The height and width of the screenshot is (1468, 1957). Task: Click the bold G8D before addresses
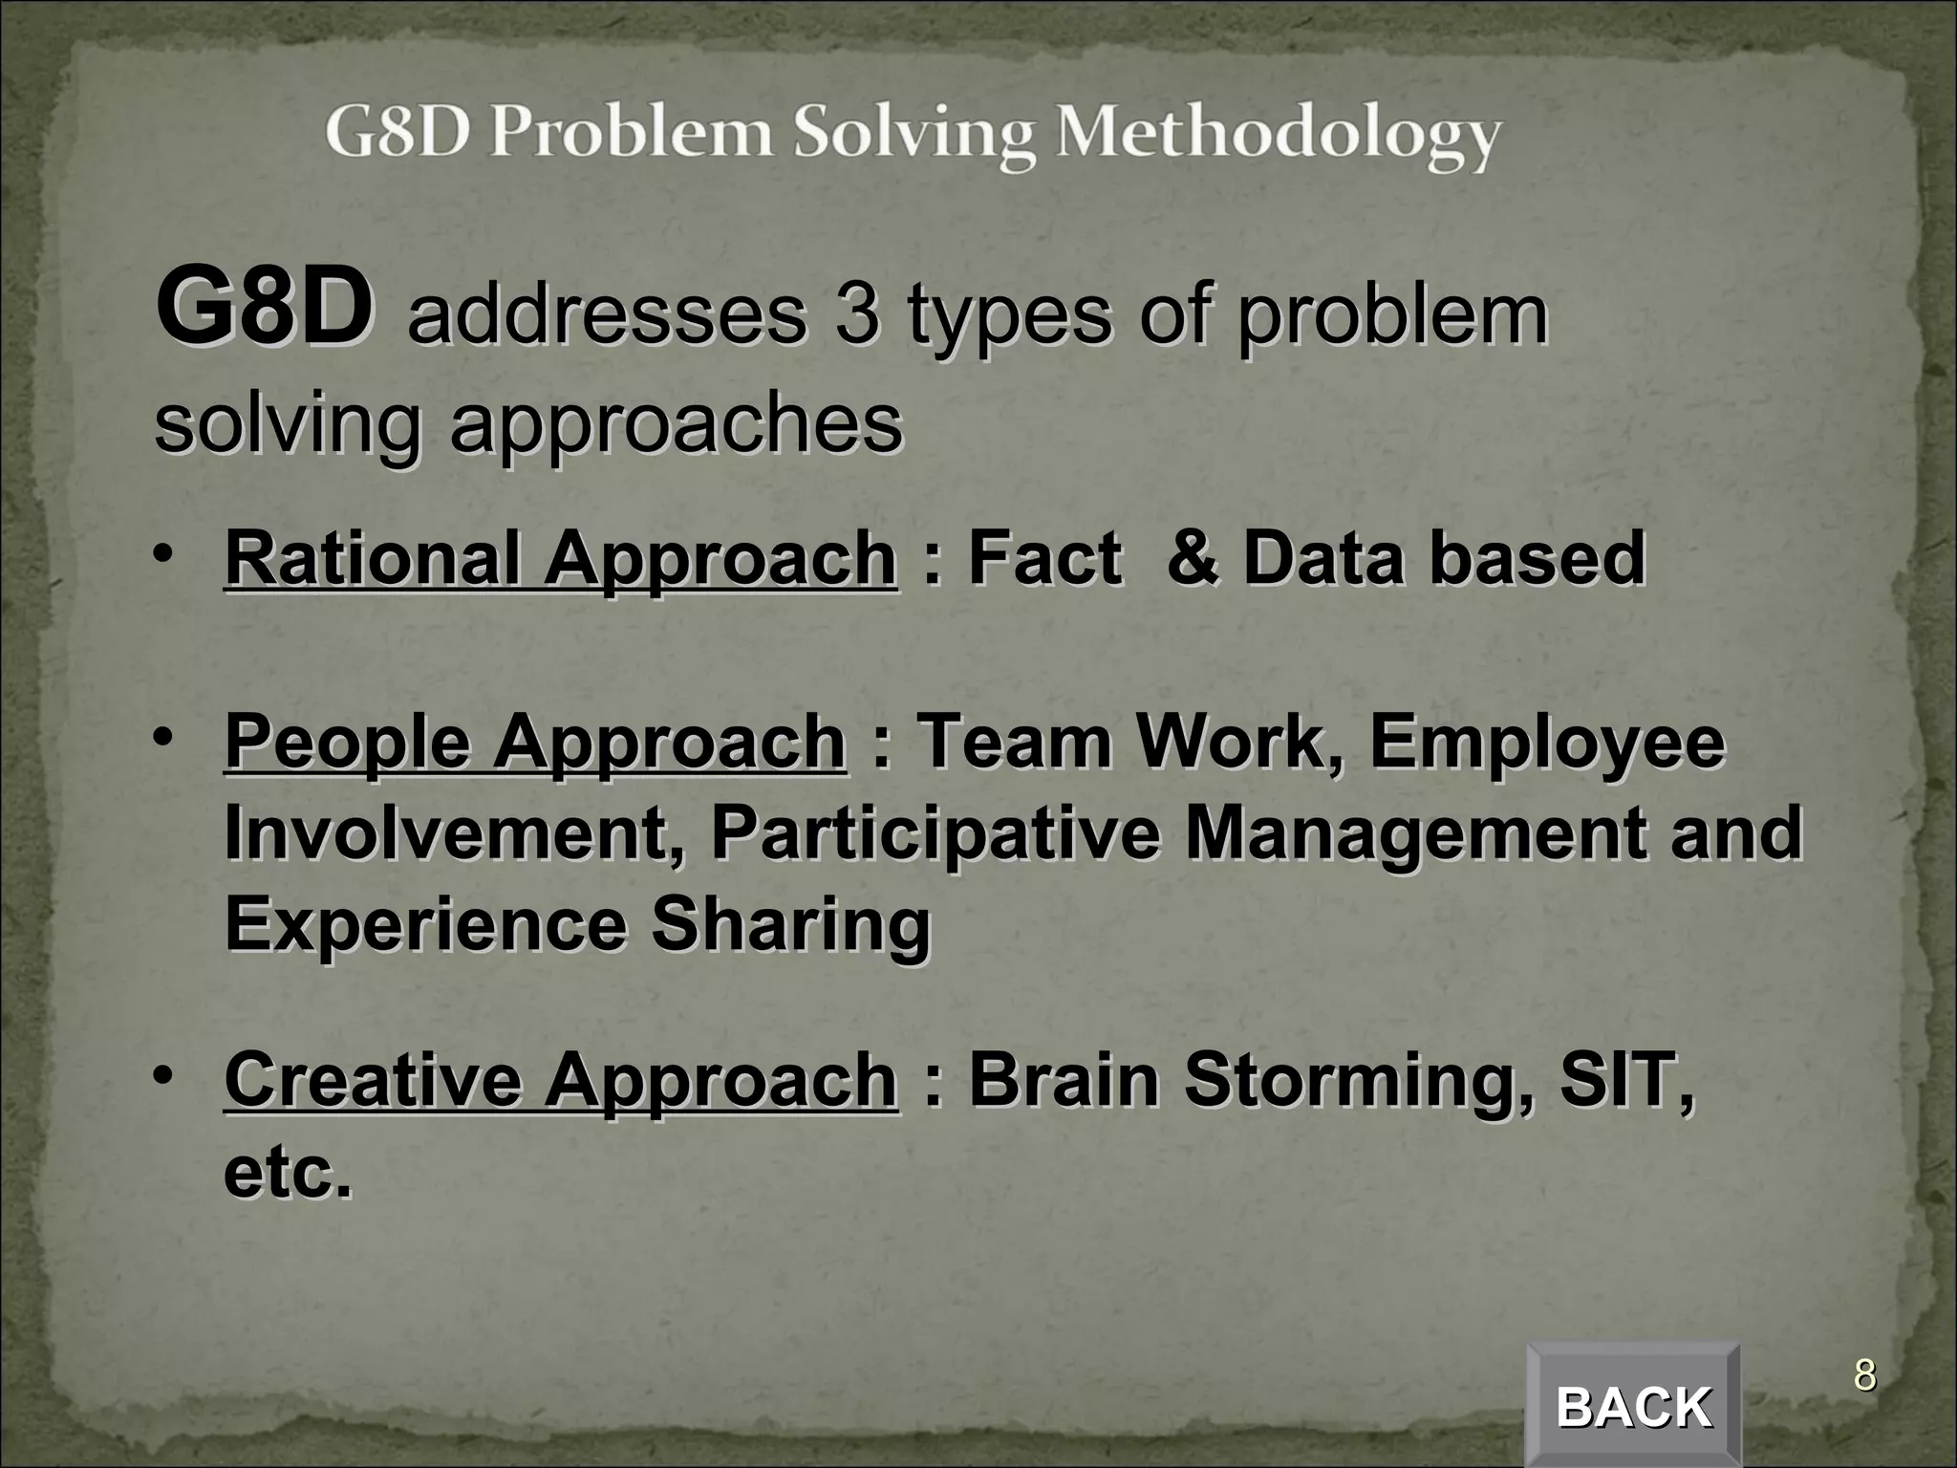click(265, 309)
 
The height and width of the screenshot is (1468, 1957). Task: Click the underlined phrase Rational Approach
click(560, 558)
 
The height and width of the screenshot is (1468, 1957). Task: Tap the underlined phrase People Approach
click(535, 742)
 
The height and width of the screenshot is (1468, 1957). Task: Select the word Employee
click(1547, 742)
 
